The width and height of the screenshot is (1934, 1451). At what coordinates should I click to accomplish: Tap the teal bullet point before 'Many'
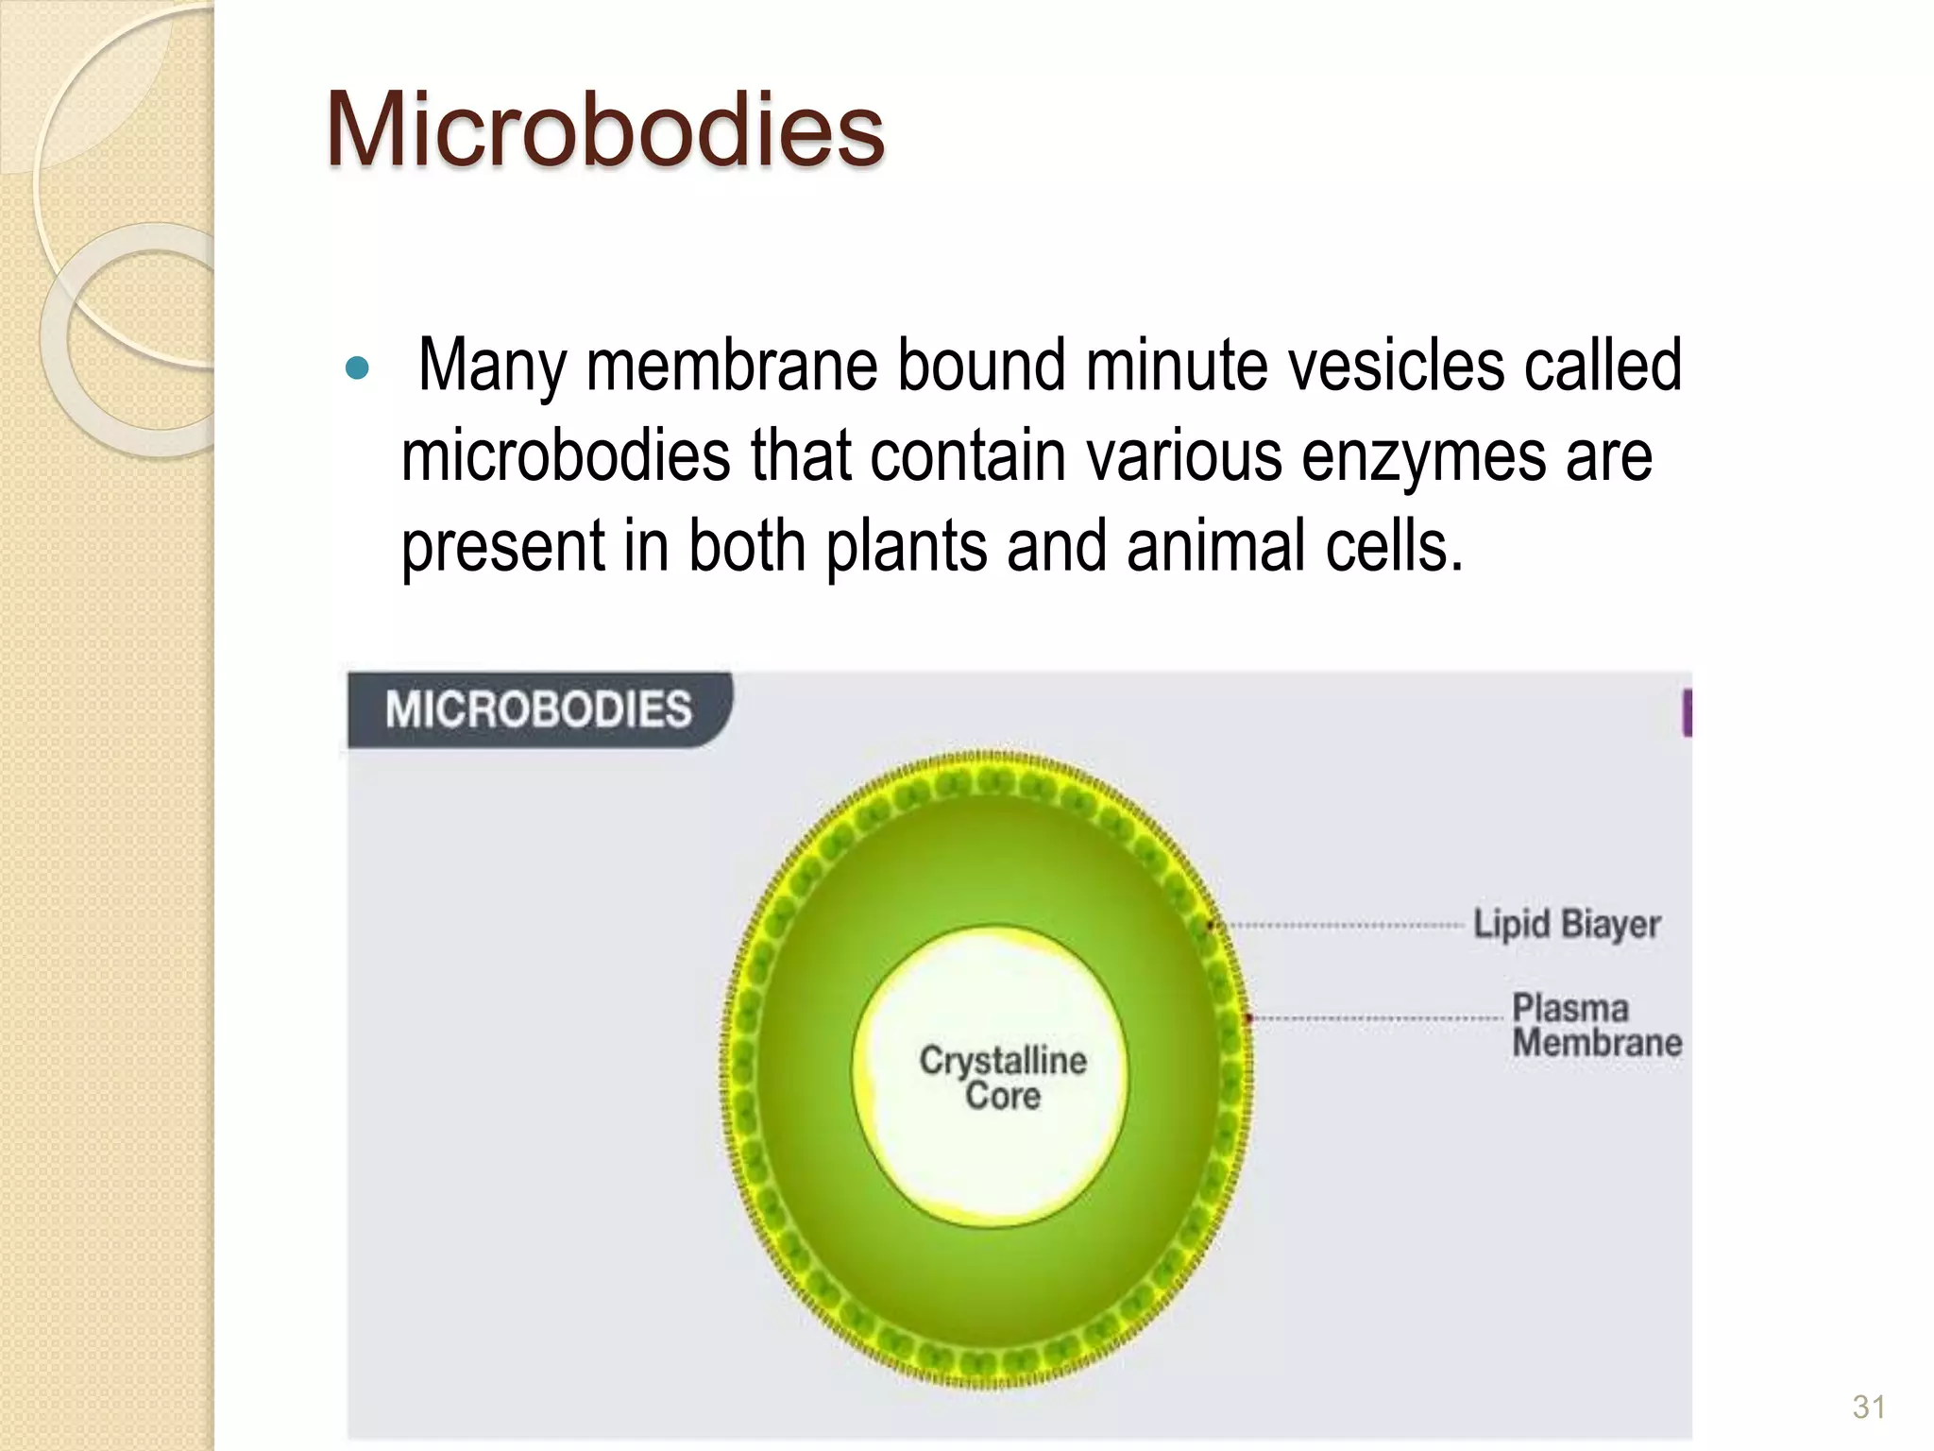[x=358, y=367]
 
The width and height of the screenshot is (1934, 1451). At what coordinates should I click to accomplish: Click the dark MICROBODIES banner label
[x=538, y=709]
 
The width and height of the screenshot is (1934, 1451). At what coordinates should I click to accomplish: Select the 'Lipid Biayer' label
[x=1567, y=924]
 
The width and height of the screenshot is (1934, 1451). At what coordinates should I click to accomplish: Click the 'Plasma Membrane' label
[x=1596, y=1026]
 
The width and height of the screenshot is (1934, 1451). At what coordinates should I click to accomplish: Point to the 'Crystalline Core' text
[x=1003, y=1078]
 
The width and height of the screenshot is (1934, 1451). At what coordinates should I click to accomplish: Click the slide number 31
[x=1869, y=1408]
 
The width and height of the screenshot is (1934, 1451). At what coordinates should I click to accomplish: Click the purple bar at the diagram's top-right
[x=1687, y=713]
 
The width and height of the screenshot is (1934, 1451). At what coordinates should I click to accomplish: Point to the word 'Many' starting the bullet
[x=492, y=367]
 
